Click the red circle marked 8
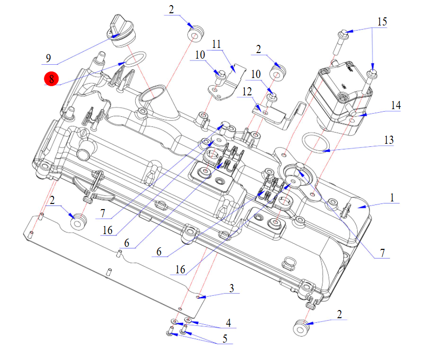(51, 79)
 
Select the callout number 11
(216, 44)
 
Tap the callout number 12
(247, 92)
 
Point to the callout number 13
(389, 140)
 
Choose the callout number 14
(396, 106)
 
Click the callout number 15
(382, 22)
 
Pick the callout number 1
(392, 197)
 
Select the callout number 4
(229, 322)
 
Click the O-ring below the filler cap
(135, 59)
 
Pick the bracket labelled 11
(225, 82)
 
